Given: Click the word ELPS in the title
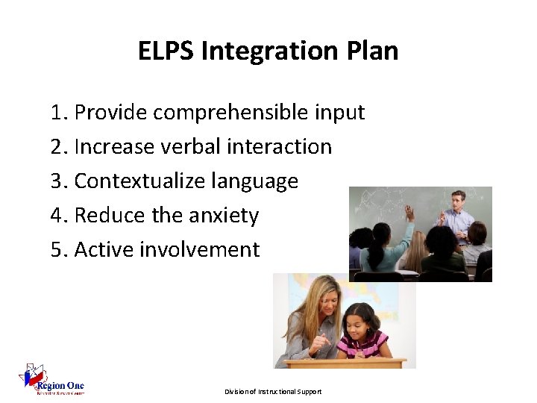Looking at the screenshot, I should click(x=165, y=51).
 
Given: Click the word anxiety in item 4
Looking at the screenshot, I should click(x=224, y=216).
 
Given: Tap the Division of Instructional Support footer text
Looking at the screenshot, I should click(x=273, y=392).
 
